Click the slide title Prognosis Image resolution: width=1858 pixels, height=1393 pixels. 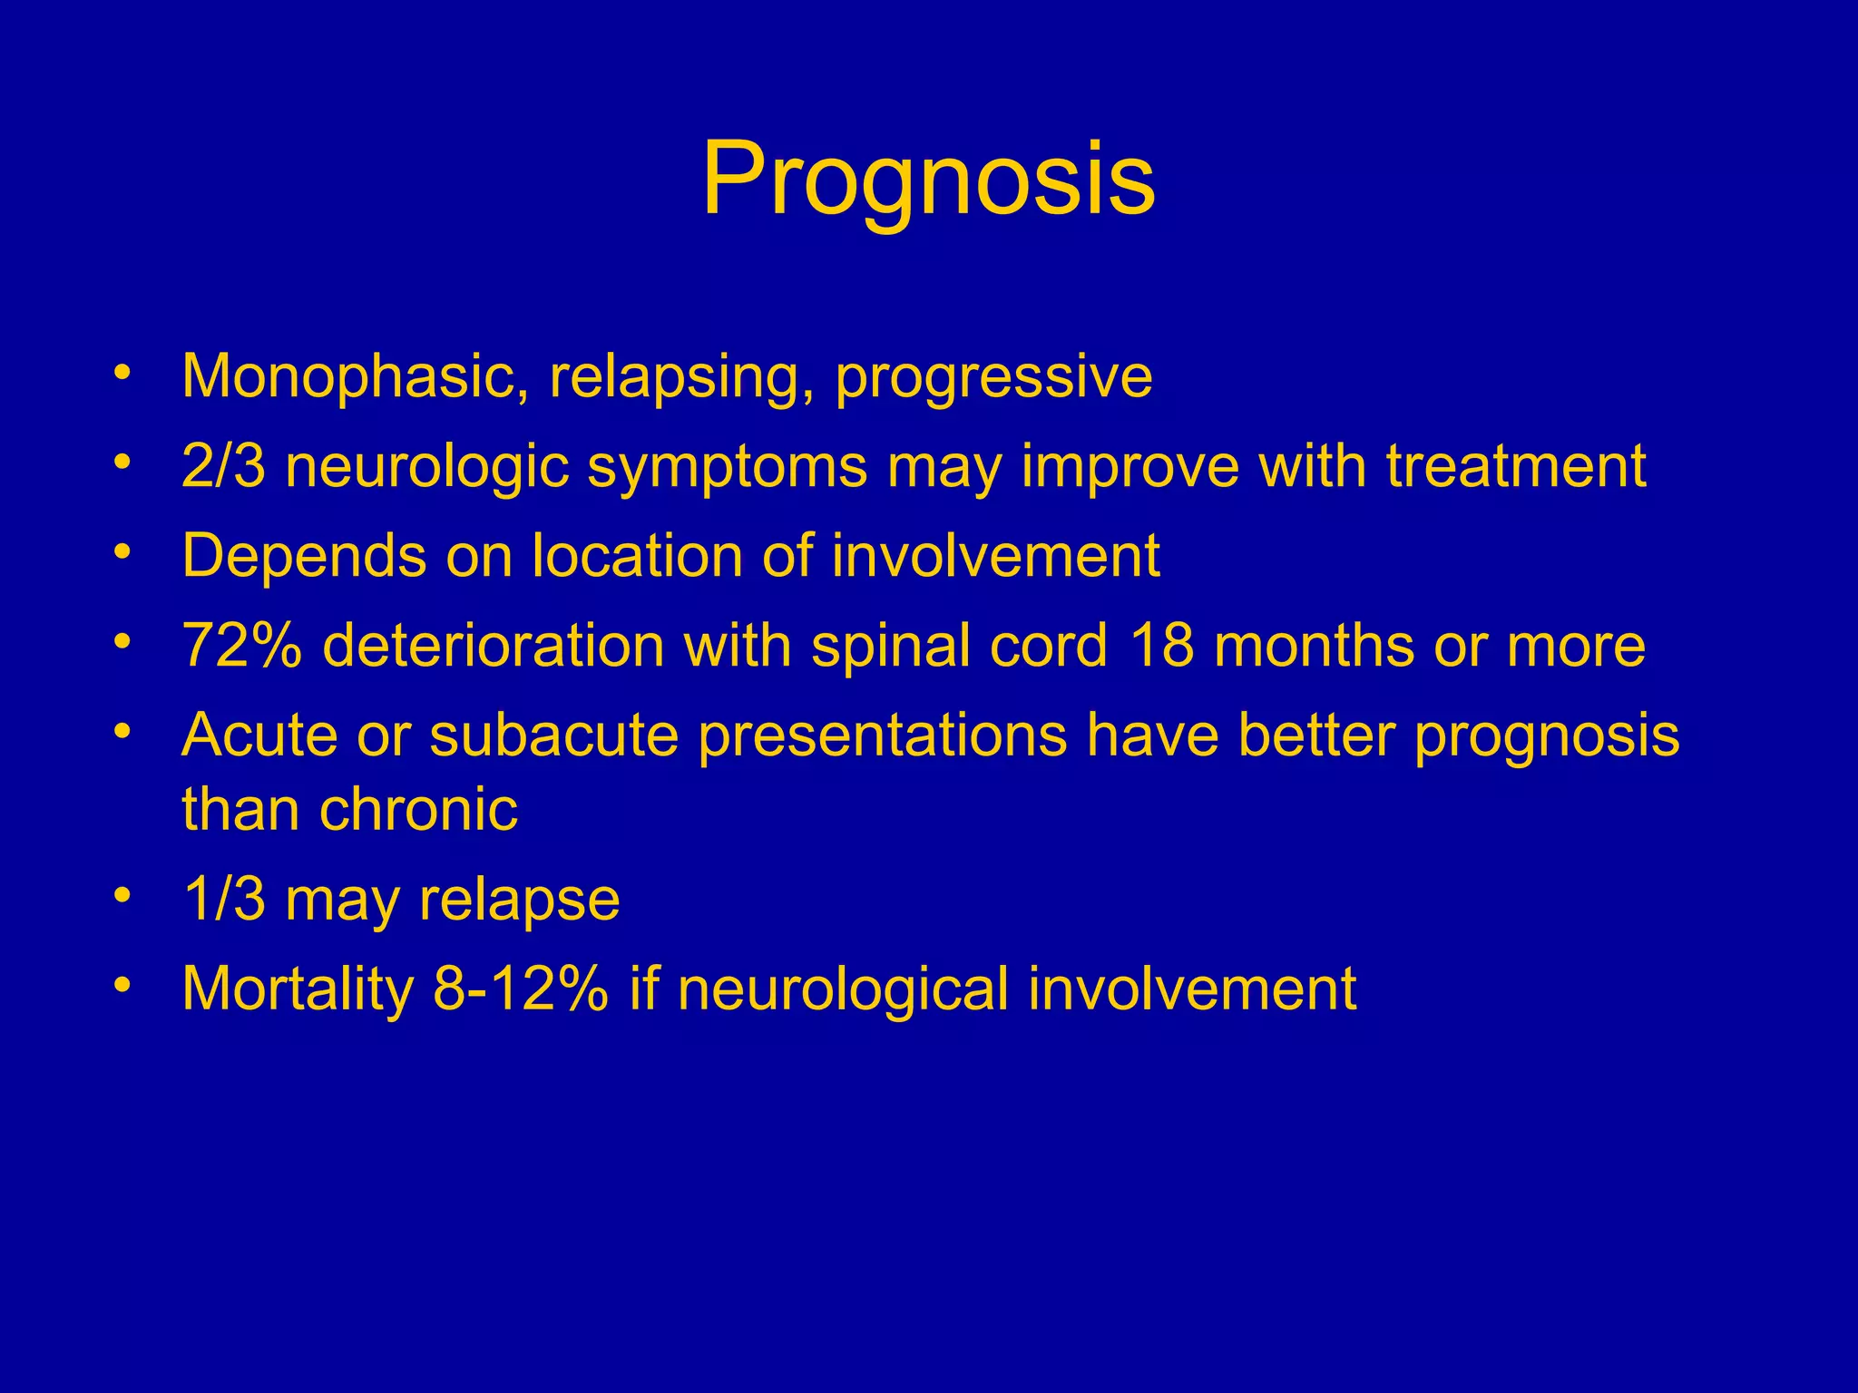(x=928, y=180)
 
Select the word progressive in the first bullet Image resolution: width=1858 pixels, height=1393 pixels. (x=993, y=378)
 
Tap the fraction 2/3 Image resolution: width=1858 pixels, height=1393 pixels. (x=223, y=466)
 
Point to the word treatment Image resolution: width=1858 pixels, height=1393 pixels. (x=1516, y=466)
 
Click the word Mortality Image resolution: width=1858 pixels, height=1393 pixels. (x=298, y=989)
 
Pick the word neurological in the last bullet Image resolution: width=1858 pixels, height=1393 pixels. (x=843, y=989)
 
